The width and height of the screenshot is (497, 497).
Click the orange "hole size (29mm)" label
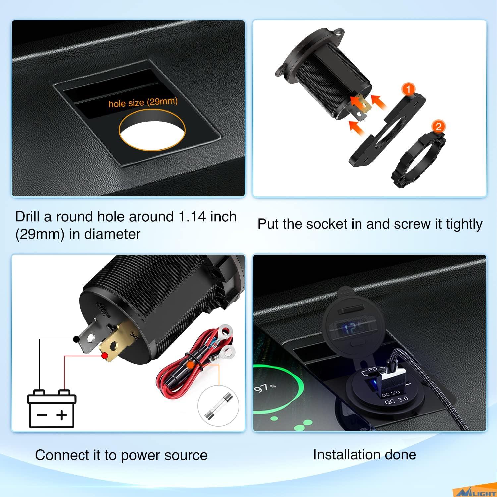[x=143, y=102]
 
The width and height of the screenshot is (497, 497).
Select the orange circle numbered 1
[x=408, y=89]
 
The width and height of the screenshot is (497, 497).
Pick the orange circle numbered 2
[x=439, y=126]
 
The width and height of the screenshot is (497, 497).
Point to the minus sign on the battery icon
[x=42, y=415]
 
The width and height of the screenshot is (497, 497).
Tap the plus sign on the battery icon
[x=62, y=415]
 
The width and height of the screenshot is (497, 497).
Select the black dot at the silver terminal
[x=76, y=339]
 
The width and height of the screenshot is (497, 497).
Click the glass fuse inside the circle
[x=218, y=406]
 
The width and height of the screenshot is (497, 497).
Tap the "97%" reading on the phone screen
[x=265, y=387]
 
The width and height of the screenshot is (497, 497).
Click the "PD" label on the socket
[x=372, y=370]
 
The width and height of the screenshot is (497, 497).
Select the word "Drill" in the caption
[x=28, y=217]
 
